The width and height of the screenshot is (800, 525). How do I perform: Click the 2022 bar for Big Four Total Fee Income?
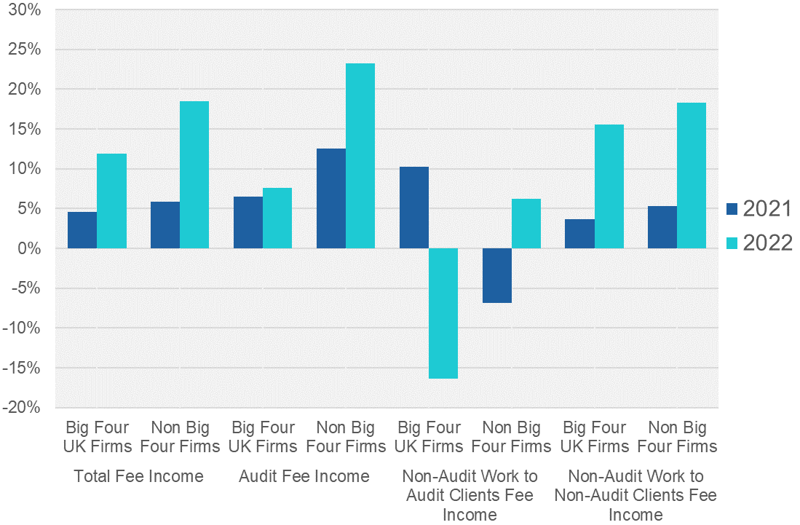tap(111, 201)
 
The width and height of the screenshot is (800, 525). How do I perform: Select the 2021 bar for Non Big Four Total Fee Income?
tap(165, 225)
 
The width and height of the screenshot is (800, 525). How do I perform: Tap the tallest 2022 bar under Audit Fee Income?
tap(360, 156)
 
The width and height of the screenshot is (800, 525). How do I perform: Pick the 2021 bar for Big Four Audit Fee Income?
tap(248, 222)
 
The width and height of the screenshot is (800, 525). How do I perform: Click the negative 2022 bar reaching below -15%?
tap(443, 313)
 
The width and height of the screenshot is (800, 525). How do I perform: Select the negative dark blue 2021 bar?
tap(497, 275)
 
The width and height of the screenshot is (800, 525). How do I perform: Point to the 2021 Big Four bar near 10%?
tap(414, 208)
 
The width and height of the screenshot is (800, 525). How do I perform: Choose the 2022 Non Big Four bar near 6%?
tap(526, 224)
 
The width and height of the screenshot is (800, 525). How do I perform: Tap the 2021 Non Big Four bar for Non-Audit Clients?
tap(662, 227)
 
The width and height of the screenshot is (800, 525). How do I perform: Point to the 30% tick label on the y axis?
tap(25, 10)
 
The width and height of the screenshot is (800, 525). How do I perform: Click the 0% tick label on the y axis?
tap(29, 249)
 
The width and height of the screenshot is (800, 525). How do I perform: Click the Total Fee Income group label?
tap(138, 477)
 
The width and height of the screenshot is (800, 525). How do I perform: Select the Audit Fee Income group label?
tap(304, 477)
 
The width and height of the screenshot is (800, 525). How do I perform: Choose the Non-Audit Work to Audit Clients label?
tap(470, 495)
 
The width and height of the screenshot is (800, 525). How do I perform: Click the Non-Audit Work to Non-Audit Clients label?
tap(635, 495)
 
